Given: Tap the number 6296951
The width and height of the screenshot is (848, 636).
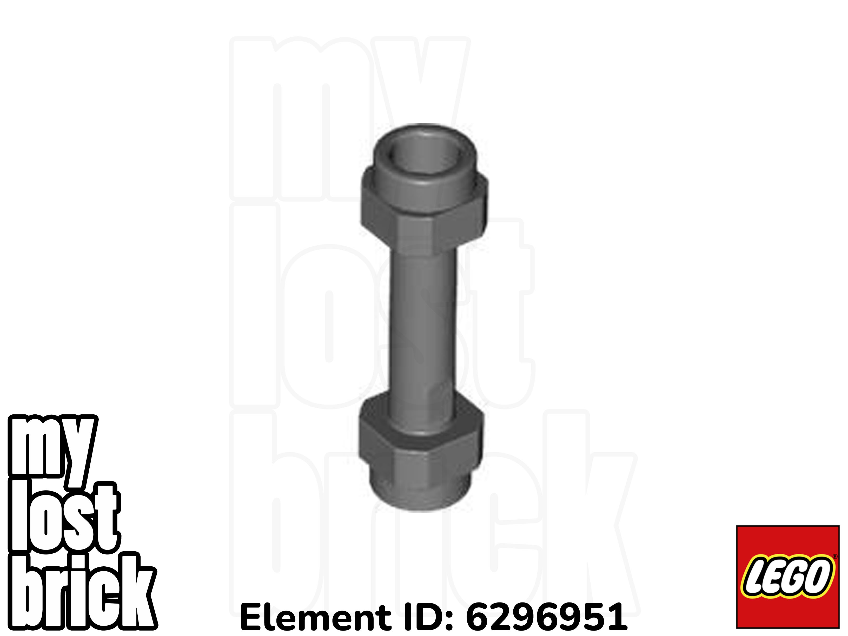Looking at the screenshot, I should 547,618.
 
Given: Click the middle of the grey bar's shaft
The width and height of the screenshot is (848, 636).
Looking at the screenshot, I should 424,326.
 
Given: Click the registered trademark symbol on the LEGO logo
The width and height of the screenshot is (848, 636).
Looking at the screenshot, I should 835,557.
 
